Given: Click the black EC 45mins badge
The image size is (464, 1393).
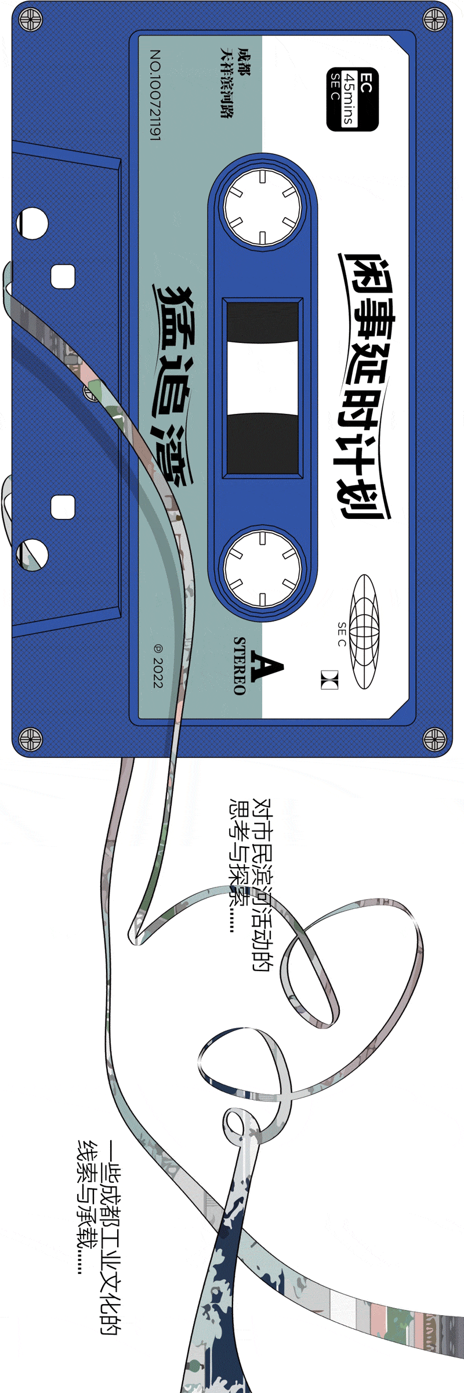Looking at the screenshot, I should (352, 99).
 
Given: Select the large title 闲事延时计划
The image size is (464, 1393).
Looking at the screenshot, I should (364, 386).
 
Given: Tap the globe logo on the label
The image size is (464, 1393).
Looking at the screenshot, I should (364, 631).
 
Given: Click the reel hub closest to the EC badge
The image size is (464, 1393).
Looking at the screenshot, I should (263, 207).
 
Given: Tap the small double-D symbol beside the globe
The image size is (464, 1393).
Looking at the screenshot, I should (329, 680).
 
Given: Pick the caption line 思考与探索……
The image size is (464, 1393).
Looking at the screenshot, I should (238, 865).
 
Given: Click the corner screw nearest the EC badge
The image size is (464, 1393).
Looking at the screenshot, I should (433, 20).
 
